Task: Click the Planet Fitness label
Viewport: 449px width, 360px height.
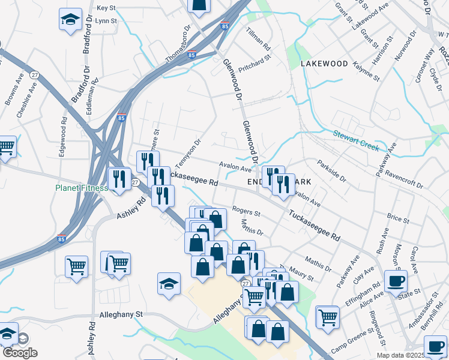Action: [82, 188]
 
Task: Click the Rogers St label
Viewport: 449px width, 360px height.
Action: [246, 212]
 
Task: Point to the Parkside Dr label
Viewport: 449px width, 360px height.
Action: [332, 170]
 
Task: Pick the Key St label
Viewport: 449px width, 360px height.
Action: [106, 8]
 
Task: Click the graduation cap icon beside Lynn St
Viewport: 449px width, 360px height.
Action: [70, 20]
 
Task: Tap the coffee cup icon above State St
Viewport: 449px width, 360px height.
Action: [396, 281]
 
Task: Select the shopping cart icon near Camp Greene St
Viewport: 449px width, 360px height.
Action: [328, 317]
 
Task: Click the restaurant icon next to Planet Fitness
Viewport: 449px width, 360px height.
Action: [118, 179]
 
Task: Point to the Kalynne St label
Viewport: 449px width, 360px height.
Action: [366, 71]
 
